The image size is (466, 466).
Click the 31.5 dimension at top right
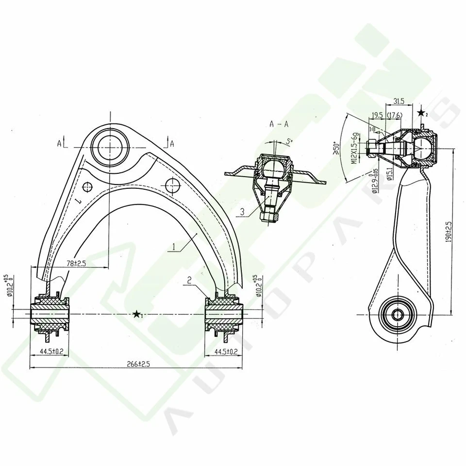tap(399, 101)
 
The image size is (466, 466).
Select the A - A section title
tap(279, 123)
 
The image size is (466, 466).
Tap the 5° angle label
tap(290, 141)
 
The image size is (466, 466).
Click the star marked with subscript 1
tap(138, 315)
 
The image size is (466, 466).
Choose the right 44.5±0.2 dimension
tap(227, 351)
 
